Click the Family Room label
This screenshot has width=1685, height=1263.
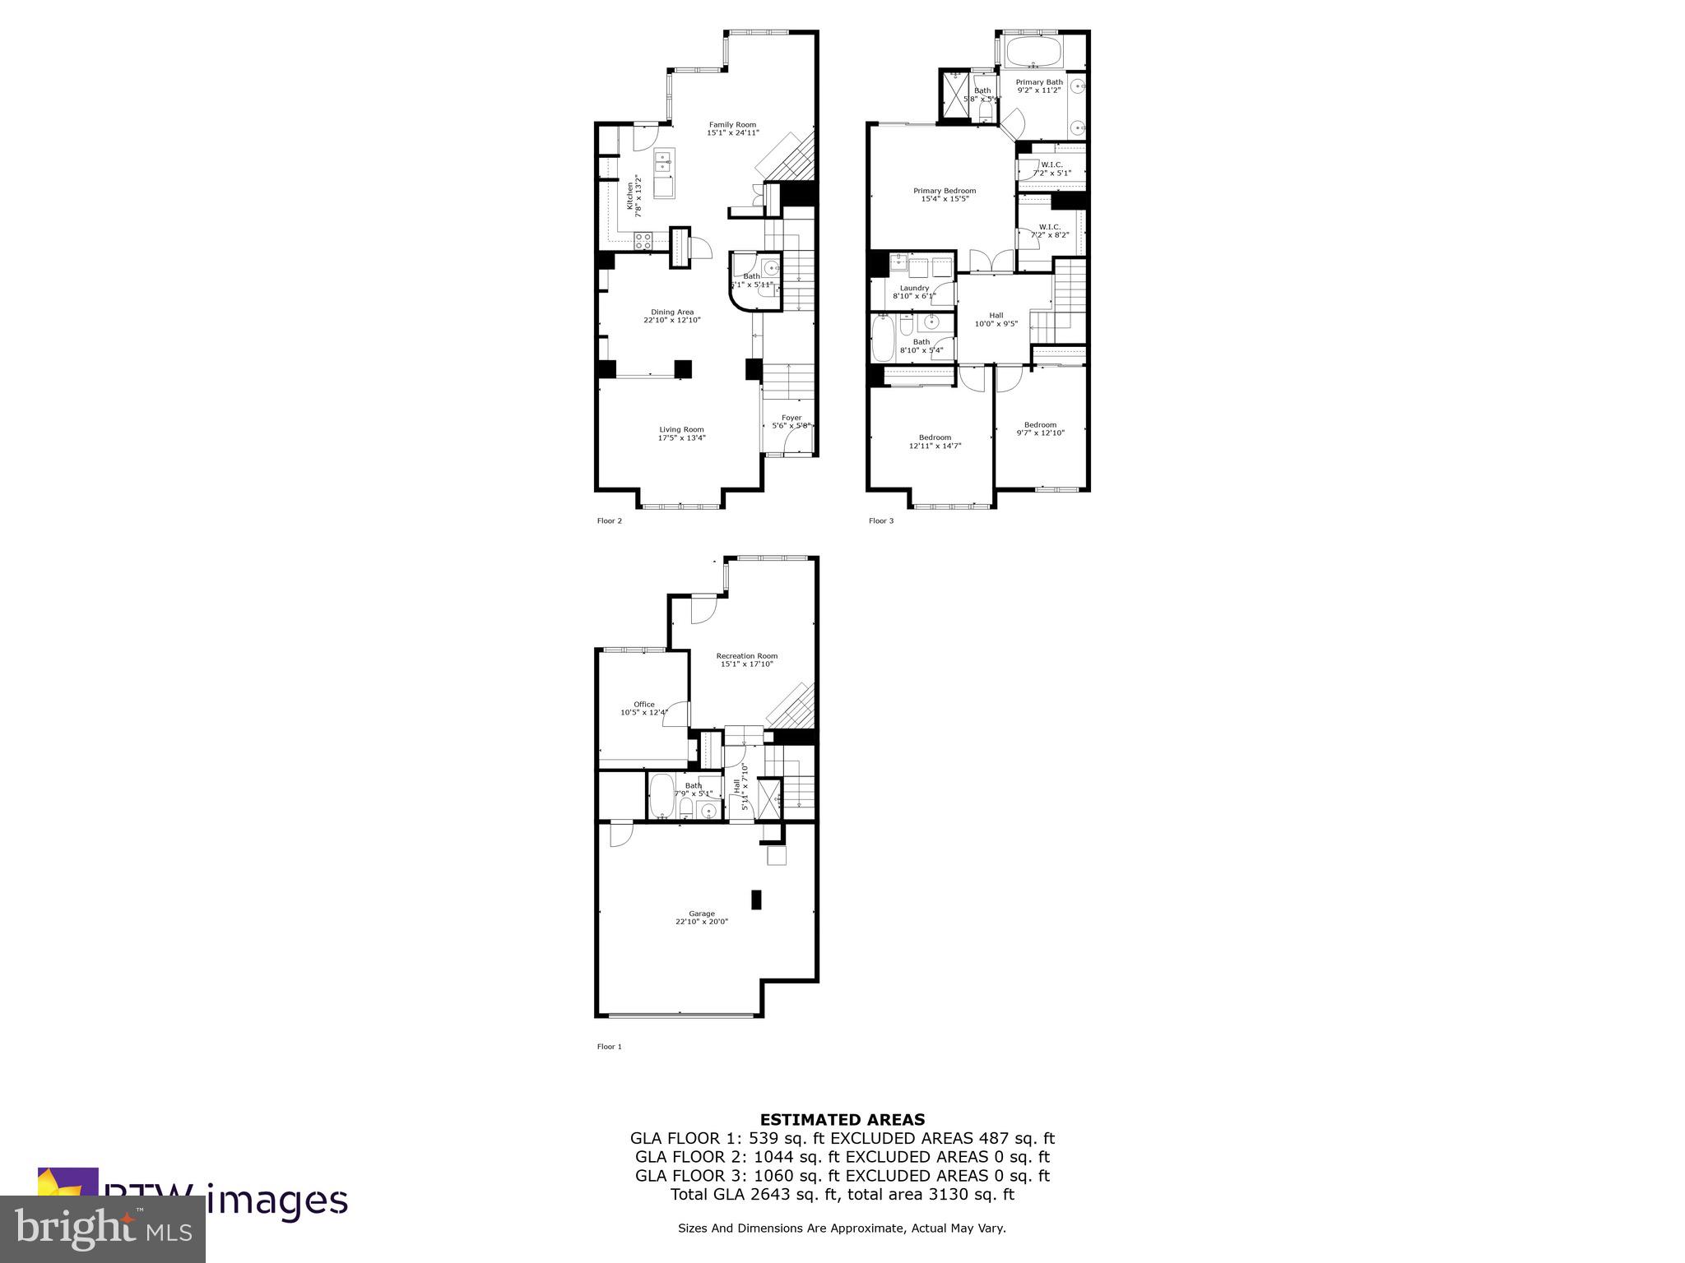click(x=732, y=125)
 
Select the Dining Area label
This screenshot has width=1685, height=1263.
click(x=672, y=312)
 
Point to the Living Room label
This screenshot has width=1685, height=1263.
click(x=681, y=429)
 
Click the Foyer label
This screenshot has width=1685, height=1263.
click(x=791, y=419)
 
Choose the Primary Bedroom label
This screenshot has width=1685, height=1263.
click(x=945, y=191)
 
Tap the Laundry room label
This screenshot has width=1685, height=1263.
click(x=914, y=288)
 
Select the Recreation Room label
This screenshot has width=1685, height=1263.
click(x=747, y=656)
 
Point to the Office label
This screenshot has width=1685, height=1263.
click(x=644, y=705)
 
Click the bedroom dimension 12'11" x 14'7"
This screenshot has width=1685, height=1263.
click(x=935, y=446)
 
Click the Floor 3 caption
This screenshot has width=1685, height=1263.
click(x=881, y=521)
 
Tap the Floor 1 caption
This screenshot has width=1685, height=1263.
click(x=610, y=1047)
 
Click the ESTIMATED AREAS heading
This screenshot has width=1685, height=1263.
click(x=842, y=1119)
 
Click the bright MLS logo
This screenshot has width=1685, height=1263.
click(x=103, y=1228)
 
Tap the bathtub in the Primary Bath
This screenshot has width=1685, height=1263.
click(x=1033, y=52)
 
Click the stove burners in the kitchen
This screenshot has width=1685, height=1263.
click(x=643, y=241)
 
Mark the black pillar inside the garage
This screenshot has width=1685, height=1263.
click(x=756, y=900)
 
